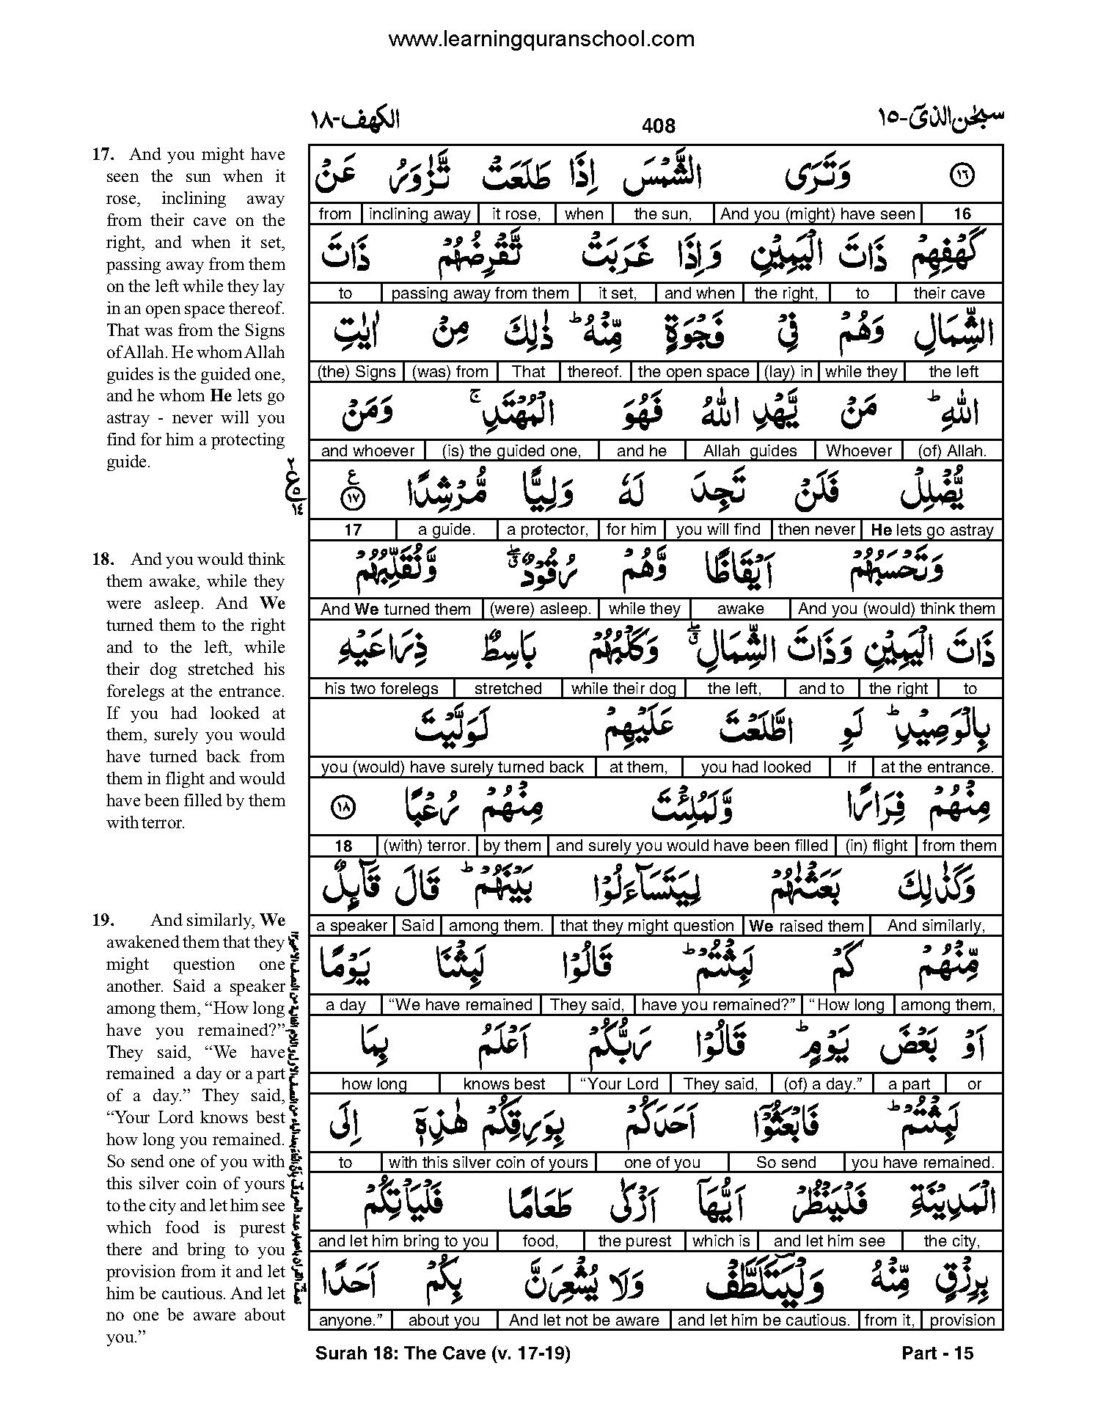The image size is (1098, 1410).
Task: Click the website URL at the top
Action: click(x=541, y=39)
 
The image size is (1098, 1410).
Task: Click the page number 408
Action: click(x=658, y=126)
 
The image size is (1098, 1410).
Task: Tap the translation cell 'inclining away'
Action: click(x=420, y=214)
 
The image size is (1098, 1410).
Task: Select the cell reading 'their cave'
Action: click(x=948, y=293)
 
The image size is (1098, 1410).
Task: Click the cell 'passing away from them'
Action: click(x=480, y=293)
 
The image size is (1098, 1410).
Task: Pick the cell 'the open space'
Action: click(x=693, y=372)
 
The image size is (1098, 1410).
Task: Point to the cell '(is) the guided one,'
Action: click(x=511, y=451)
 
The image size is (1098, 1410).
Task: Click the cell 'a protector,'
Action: click(x=548, y=530)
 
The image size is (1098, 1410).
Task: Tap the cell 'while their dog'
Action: click(x=623, y=689)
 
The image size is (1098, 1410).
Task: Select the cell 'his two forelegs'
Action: click(x=381, y=689)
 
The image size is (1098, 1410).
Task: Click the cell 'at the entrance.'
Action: click(x=937, y=767)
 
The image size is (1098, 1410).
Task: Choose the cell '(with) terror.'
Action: click(x=427, y=846)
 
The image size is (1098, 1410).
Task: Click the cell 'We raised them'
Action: click(x=805, y=926)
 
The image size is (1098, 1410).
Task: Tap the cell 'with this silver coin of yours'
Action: click(x=488, y=1163)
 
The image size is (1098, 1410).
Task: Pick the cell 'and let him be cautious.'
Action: click(x=763, y=1320)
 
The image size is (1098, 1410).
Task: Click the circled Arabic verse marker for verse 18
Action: click(x=343, y=806)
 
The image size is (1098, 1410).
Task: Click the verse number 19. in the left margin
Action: click(x=101, y=921)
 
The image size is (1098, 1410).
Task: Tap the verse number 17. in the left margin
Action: click(x=101, y=155)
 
